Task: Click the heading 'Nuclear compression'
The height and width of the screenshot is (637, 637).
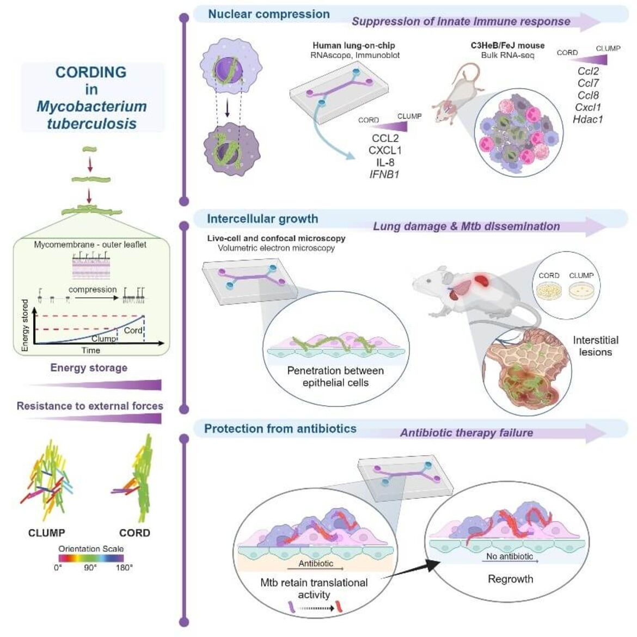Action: pos(269,14)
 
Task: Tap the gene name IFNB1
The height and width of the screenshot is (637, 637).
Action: pos(384,175)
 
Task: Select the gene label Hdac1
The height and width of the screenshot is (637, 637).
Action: pos(588,119)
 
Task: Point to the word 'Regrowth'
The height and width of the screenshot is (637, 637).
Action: pos(510,579)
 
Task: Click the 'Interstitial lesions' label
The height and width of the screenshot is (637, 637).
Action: pos(596,346)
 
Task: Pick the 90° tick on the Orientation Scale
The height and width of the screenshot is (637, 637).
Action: pos(90,567)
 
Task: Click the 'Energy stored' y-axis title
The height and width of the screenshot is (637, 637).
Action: pos(25,326)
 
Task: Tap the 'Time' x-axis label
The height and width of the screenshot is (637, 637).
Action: pos(90,350)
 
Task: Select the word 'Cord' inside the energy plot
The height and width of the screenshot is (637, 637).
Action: pos(133,330)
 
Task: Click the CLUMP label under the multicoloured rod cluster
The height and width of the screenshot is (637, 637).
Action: pos(47,532)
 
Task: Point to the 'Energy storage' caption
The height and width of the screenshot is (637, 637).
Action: pos(89,367)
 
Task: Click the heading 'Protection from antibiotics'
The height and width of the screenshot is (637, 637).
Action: pos(280,428)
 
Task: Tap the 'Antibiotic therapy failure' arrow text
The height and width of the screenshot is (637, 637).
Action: pos(467,433)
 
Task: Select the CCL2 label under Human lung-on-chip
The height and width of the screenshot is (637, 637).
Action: pos(385,138)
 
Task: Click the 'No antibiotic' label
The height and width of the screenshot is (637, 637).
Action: pos(510,556)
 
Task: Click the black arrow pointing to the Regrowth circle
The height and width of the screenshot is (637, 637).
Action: pos(411,569)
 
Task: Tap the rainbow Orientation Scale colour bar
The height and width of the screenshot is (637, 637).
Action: pos(91,558)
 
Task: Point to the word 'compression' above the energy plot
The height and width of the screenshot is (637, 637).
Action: pos(93,290)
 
